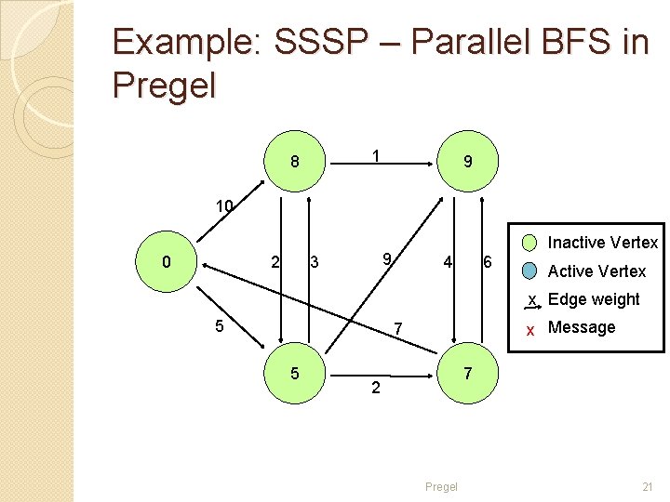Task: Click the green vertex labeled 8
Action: (x=294, y=162)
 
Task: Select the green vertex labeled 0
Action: (x=166, y=262)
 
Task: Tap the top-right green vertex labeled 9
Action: (x=467, y=162)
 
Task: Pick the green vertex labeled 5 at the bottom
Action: (x=294, y=374)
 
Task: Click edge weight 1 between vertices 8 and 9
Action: (x=374, y=156)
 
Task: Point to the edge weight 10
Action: (x=223, y=205)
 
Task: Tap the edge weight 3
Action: (x=315, y=263)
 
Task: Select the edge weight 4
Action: (x=448, y=262)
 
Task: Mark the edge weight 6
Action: (x=487, y=263)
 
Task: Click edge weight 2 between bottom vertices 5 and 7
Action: (x=375, y=388)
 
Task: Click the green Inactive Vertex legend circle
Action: (x=529, y=244)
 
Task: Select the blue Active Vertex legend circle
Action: (x=529, y=271)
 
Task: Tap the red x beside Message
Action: (x=529, y=328)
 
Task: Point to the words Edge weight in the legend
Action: (x=594, y=299)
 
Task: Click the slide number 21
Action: (x=648, y=487)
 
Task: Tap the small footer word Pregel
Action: (x=441, y=487)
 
